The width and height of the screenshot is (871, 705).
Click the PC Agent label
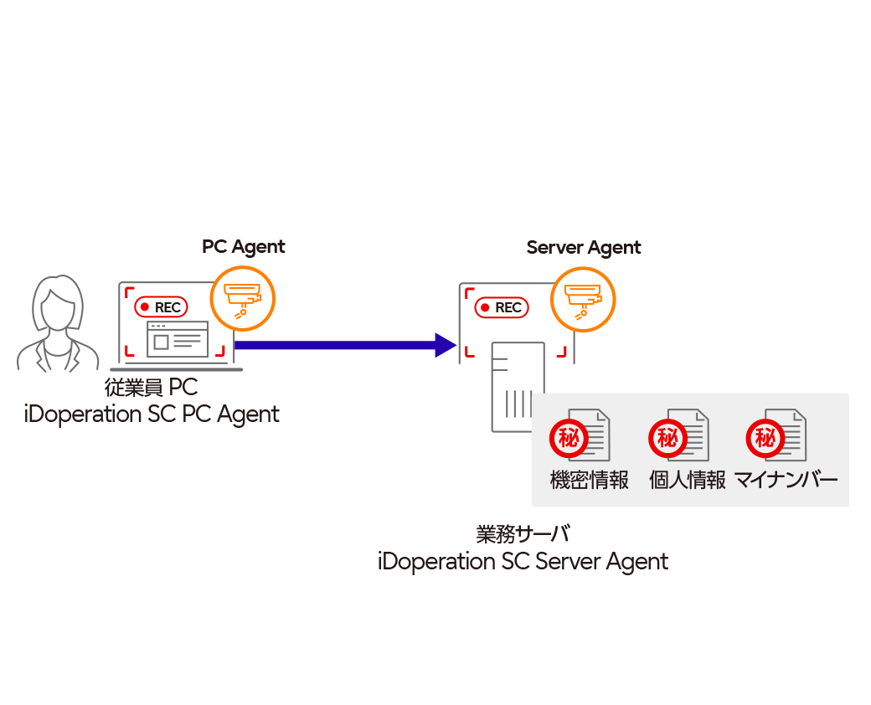[243, 247]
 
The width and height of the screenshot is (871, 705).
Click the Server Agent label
[583, 248]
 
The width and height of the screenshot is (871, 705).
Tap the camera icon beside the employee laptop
[243, 299]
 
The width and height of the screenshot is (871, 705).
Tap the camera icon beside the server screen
[583, 299]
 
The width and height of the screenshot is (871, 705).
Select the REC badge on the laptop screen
[162, 307]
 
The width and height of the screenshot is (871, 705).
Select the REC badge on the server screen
[502, 307]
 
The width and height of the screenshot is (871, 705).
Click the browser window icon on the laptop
[178, 339]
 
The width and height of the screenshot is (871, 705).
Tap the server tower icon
[517, 388]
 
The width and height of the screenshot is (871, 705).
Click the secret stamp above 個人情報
[667, 438]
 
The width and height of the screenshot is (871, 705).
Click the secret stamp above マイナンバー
[765, 438]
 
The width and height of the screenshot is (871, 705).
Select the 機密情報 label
[589, 480]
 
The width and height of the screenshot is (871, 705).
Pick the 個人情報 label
[688, 480]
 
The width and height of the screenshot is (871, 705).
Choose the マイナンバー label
[786, 480]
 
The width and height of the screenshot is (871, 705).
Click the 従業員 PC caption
[151, 389]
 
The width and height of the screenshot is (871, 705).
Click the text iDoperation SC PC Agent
[152, 414]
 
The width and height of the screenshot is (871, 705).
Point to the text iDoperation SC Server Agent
[523, 561]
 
